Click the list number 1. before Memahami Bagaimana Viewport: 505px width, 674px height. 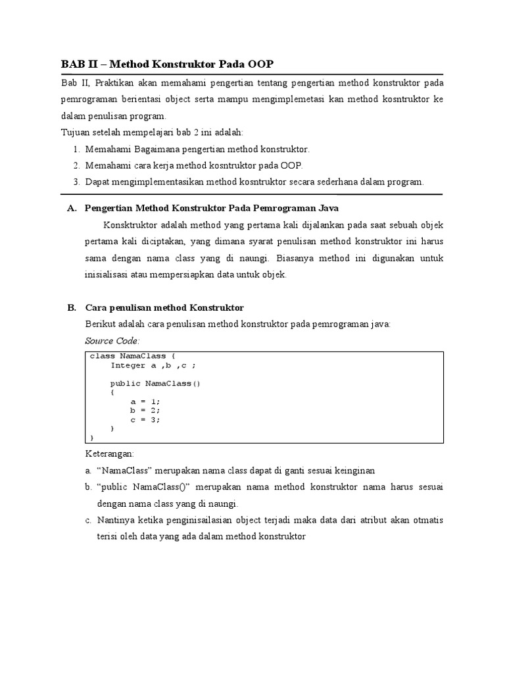76,149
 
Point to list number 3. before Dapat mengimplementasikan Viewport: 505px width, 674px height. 76,181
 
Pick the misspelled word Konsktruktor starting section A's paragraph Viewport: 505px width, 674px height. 130,225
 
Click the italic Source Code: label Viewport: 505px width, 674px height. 112,341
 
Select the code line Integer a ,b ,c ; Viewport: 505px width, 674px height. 153,365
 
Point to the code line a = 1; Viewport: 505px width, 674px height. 145,401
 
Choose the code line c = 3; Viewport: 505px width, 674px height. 145,419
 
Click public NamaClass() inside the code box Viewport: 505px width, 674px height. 155,383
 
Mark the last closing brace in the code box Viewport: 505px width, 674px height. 92,437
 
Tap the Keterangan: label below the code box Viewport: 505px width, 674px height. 110,454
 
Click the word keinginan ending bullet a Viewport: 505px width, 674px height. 355,471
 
